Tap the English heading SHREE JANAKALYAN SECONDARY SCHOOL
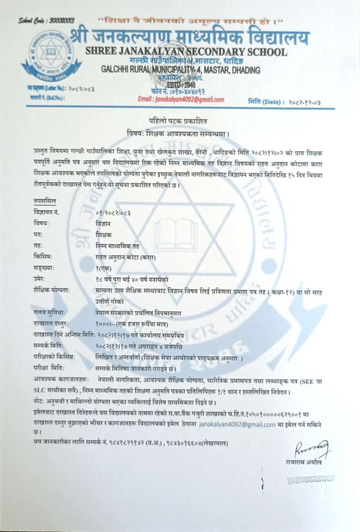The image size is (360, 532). [186, 52]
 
